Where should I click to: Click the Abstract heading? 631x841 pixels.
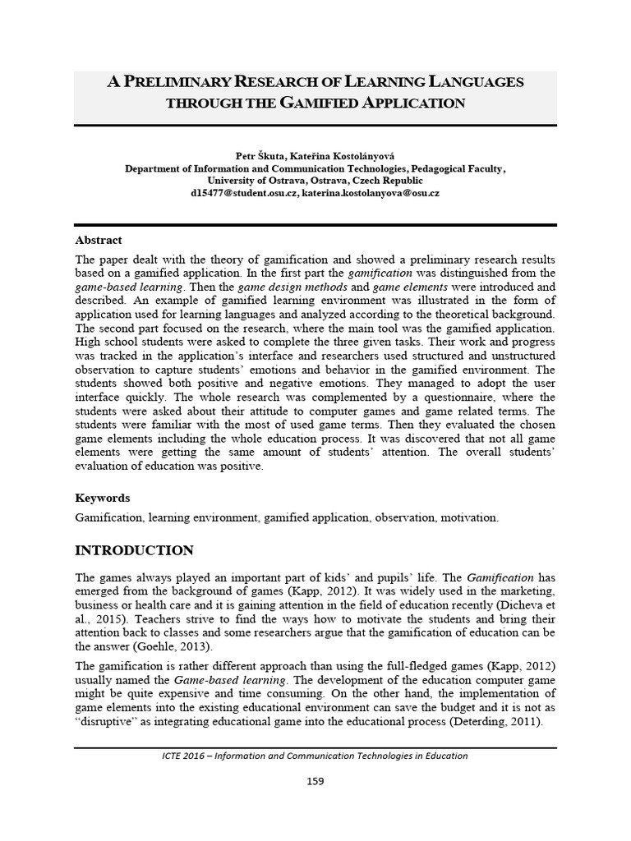(x=99, y=241)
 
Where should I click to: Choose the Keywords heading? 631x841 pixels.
(x=103, y=498)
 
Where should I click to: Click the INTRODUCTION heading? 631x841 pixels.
(x=135, y=550)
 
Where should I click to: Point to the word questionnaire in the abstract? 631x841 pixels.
(x=453, y=397)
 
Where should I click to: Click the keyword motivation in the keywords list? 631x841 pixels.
(x=468, y=518)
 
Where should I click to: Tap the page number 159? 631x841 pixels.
(x=315, y=781)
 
